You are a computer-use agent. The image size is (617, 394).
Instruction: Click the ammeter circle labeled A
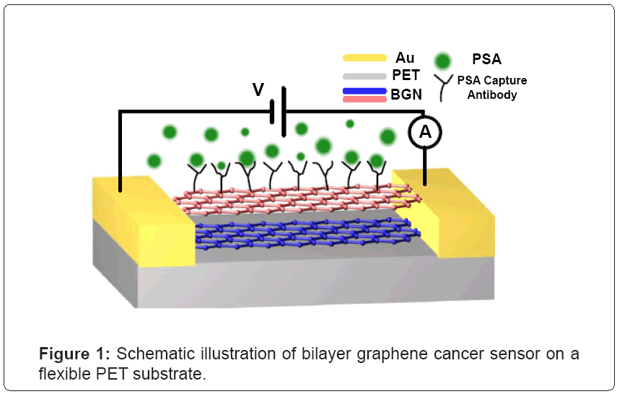click(x=425, y=131)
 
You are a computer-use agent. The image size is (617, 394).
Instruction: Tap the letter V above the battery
click(x=258, y=90)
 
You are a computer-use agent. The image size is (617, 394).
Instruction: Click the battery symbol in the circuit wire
click(x=278, y=111)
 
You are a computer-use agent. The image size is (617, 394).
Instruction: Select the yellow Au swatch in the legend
click(x=364, y=58)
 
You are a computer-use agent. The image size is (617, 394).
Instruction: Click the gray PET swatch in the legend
click(x=364, y=75)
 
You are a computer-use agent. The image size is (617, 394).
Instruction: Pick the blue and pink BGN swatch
click(x=364, y=95)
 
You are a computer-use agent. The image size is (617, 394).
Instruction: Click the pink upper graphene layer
click(x=289, y=198)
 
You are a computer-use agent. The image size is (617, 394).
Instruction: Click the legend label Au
click(x=405, y=57)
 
